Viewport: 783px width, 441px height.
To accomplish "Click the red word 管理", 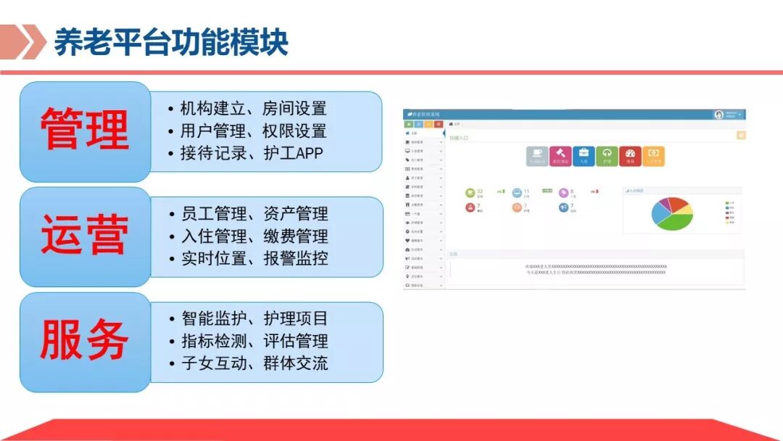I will click(x=85, y=131).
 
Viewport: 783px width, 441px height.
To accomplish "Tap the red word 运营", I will click(x=85, y=236).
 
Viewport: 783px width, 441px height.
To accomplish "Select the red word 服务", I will click(x=85, y=340).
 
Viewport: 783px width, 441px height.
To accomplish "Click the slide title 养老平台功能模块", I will click(x=171, y=43).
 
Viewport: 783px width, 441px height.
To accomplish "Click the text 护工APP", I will click(x=290, y=153).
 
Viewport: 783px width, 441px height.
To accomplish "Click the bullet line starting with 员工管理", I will click(x=246, y=214).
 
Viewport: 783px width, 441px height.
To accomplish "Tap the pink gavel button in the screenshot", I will click(x=560, y=155).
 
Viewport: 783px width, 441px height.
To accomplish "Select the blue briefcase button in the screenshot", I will click(x=583, y=155).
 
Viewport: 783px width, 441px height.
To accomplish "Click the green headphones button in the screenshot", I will click(x=607, y=155).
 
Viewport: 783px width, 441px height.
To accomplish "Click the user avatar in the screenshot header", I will click(x=719, y=115).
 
